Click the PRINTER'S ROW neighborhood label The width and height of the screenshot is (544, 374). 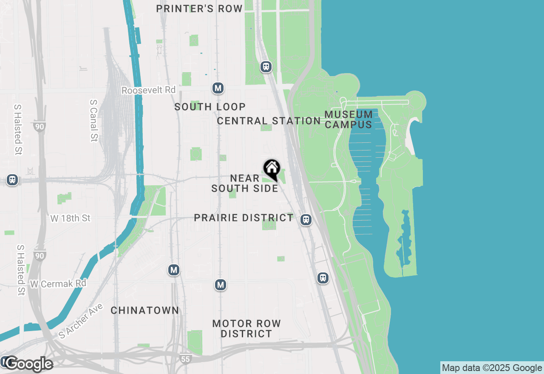(x=199, y=8)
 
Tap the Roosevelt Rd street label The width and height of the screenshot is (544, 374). (x=148, y=90)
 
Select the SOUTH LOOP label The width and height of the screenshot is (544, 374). (x=210, y=107)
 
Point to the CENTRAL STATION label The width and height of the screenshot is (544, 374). (x=269, y=121)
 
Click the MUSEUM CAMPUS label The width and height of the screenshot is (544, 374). (x=348, y=119)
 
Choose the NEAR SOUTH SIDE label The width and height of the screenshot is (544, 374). (x=244, y=183)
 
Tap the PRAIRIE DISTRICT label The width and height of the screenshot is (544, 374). (x=244, y=218)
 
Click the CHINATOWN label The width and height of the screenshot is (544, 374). (x=145, y=311)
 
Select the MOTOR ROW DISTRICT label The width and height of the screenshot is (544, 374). (x=246, y=329)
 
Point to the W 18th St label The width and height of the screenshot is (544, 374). (x=71, y=218)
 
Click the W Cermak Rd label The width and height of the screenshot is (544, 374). (x=58, y=283)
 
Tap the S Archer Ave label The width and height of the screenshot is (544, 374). (x=81, y=320)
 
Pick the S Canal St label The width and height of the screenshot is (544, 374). (x=94, y=120)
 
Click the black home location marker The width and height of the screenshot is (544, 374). (x=272, y=169)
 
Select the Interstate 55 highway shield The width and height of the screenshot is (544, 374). (x=185, y=358)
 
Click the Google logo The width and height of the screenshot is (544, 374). (x=29, y=364)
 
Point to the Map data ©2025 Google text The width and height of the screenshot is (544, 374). (x=492, y=368)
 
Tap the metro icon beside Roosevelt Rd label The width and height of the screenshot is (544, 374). (x=218, y=88)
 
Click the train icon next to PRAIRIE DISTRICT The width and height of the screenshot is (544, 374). (x=306, y=220)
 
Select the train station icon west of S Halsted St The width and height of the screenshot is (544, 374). (x=12, y=180)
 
